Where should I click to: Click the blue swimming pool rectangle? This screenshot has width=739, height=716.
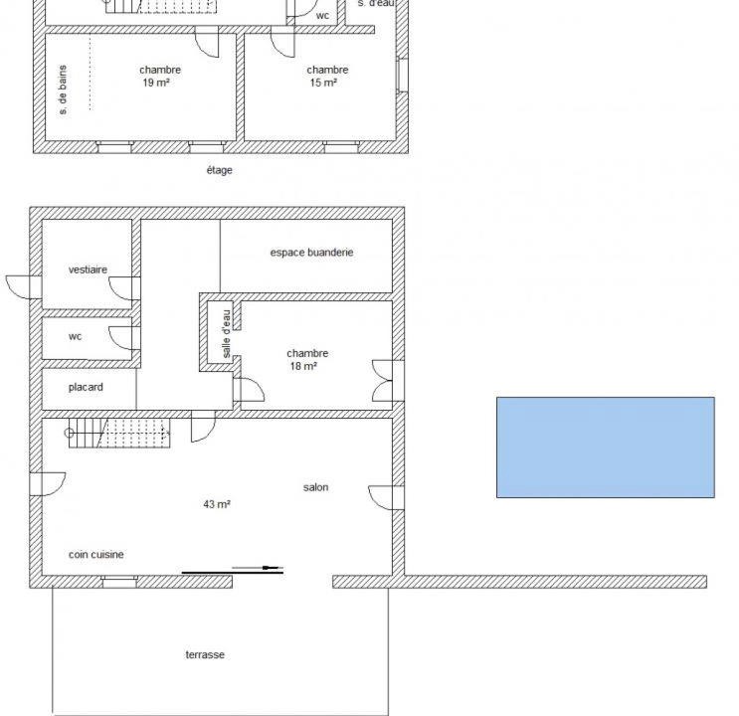click(x=606, y=447)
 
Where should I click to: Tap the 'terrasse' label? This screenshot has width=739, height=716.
click(x=205, y=654)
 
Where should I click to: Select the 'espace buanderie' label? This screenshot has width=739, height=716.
click(x=311, y=253)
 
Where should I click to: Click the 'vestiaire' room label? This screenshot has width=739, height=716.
click(x=88, y=269)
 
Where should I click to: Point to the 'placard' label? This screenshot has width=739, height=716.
click(x=86, y=387)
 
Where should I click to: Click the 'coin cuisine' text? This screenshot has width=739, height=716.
click(x=96, y=554)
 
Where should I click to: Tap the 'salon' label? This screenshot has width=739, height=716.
click(x=315, y=487)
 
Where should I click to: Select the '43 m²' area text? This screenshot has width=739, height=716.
click(x=217, y=504)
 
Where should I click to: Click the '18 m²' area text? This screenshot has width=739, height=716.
click(x=303, y=366)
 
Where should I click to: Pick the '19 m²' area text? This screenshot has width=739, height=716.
click(x=156, y=83)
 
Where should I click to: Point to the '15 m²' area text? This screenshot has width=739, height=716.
click(x=323, y=83)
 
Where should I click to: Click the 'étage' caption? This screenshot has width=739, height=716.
click(x=219, y=170)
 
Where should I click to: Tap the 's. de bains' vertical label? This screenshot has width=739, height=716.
click(x=63, y=90)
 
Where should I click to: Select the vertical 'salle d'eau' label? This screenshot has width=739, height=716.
click(x=226, y=333)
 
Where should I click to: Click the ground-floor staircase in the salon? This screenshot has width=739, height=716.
click(x=119, y=433)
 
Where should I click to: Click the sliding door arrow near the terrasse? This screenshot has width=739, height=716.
click(x=258, y=568)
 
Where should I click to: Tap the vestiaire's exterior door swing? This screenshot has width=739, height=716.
click(x=19, y=287)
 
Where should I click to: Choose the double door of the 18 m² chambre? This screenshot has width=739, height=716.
click(x=383, y=381)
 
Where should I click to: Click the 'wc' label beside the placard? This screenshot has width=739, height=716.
click(x=75, y=336)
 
